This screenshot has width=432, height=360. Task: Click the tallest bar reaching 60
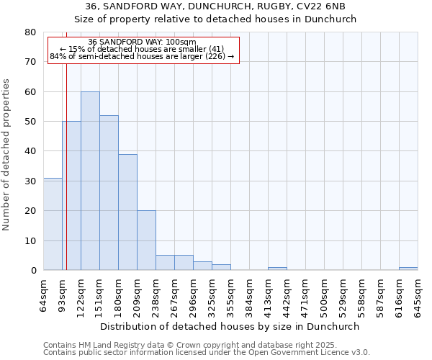pos(90,181)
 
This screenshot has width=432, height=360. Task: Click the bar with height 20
pos(146,240)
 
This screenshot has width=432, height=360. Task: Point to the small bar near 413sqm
pos(277,269)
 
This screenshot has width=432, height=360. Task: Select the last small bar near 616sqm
pos(408,269)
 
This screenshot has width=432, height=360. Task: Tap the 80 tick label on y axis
pos(30,32)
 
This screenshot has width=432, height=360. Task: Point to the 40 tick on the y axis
pos(30,151)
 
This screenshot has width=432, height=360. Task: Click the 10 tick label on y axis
pos(30,240)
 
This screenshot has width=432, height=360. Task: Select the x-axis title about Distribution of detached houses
pos(230,326)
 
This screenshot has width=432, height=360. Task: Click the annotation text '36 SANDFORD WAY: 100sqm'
pos(142,42)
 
